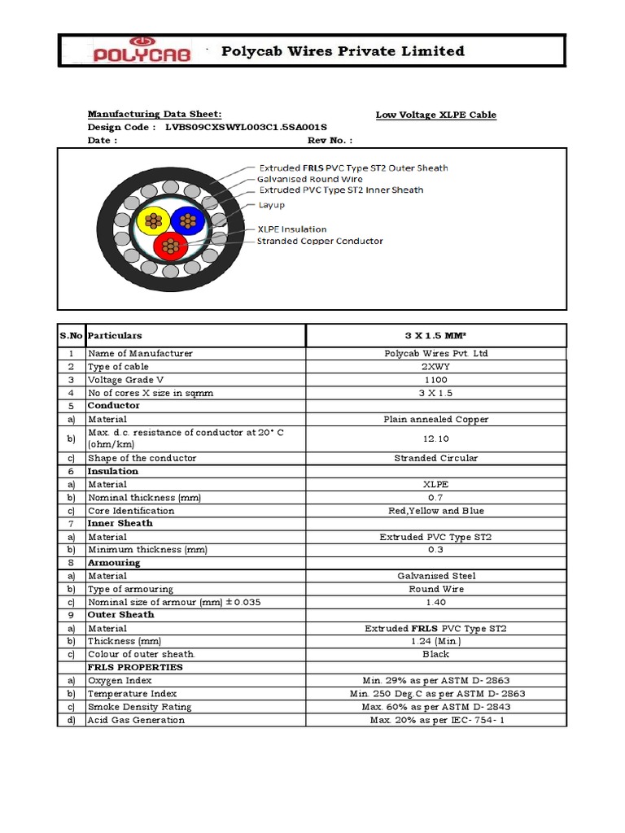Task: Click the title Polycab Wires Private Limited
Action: (343, 51)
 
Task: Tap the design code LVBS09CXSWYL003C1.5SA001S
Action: (246, 128)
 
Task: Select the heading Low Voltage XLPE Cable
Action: (435, 115)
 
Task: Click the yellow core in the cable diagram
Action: (152, 220)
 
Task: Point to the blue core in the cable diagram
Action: (188, 220)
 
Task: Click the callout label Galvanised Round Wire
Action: (310, 179)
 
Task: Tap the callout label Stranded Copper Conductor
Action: (320, 241)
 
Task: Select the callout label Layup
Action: (271, 205)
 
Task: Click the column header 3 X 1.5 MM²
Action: (435, 335)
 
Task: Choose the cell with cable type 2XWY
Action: (435, 367)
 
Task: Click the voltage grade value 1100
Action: (435, 380)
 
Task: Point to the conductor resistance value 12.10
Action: (435, 438)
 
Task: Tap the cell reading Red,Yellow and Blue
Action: (435, 511)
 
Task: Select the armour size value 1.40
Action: (435, 602)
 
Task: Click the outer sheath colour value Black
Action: (435, 654)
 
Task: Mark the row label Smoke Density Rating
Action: (140, 707)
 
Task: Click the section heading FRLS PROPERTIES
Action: (135, 667)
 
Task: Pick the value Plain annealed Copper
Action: (435, 419)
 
